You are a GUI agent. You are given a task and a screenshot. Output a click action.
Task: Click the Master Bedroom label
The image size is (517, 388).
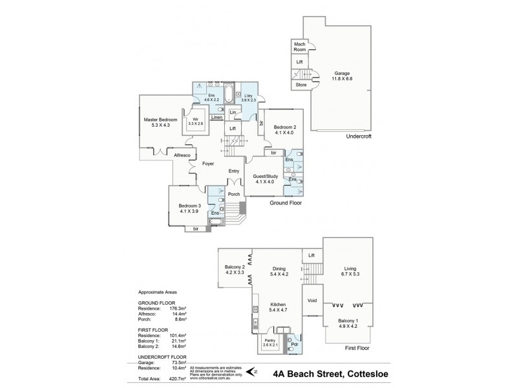(x=160, y=120)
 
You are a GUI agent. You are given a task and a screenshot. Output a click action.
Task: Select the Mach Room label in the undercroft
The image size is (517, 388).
(x=299, y=47)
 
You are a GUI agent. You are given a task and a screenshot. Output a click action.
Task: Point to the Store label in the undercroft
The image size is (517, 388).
(x=299, y=84)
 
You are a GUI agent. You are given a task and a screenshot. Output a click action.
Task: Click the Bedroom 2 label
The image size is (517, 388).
(x=284, y=127)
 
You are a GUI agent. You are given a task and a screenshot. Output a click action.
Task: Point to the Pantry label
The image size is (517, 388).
(x=269, y=342)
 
